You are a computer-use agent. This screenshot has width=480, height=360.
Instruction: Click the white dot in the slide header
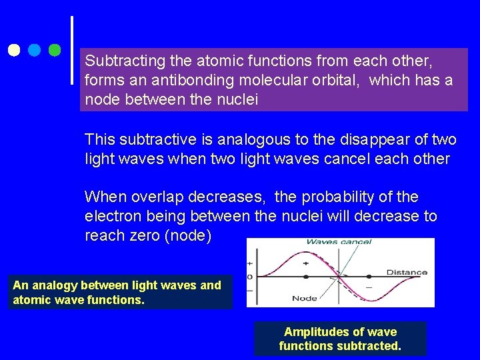pos(14,50)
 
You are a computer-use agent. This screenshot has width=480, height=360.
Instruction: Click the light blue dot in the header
pos(35,50)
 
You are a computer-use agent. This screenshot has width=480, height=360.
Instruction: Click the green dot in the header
pos(55,50)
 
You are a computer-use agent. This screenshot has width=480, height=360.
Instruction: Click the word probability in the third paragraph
pos(341,197)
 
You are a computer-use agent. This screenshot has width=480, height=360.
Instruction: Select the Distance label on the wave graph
pos(407,272)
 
